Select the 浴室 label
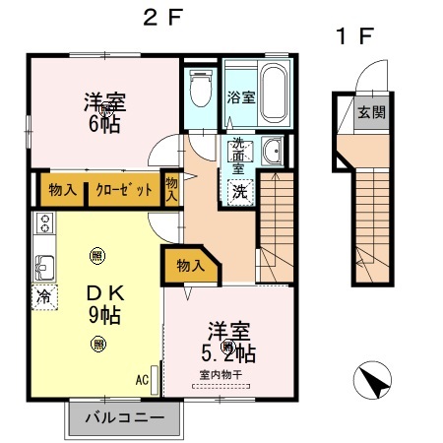click(239, 98)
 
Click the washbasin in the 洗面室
click(272, 153)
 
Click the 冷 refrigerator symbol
click(43, 294)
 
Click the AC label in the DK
click(141, 379)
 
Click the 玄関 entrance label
click(371, 112)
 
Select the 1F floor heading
click(354, 38)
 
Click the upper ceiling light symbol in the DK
click(96, 255)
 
